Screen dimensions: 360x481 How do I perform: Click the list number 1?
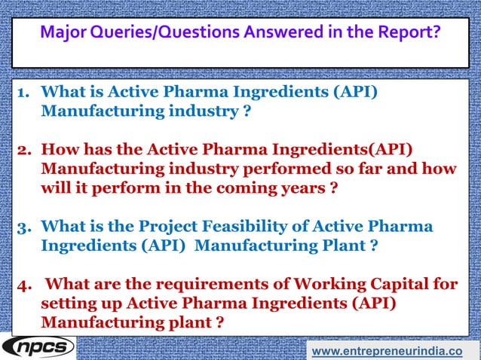23,93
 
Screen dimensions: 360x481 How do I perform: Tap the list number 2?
23,149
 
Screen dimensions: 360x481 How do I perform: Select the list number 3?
23,227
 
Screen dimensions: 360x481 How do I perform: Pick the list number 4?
23,284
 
